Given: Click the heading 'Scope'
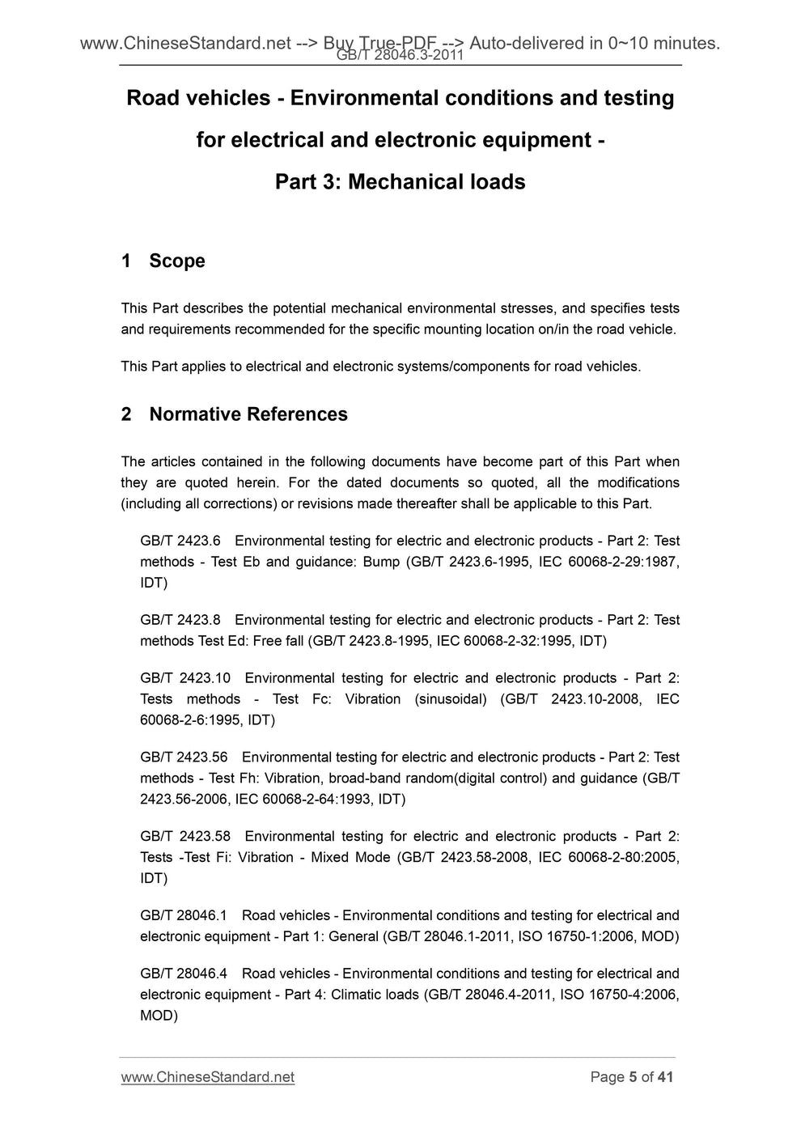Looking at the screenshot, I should (176, 261).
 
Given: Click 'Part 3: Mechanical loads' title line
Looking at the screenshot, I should (400, 182).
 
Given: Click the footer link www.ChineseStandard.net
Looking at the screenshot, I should (207, 1077).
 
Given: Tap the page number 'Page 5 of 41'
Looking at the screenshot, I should (631, 1077).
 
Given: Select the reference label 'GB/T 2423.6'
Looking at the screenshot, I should (180, 541).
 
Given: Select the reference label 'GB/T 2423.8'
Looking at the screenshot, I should (180, 620).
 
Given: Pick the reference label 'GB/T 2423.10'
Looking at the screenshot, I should (185, 678).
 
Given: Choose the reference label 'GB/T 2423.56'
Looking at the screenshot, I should (184, 757).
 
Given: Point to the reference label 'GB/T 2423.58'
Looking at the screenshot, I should (185, 837).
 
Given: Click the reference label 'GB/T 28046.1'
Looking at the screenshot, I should (184, 915).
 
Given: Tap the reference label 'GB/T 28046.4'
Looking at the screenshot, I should (184, 974).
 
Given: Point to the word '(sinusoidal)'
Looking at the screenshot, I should (451, 699).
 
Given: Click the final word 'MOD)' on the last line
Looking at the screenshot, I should (159, 1015).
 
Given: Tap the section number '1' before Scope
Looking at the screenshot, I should (126, 261).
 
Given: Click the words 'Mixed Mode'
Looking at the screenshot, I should (350, 857).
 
